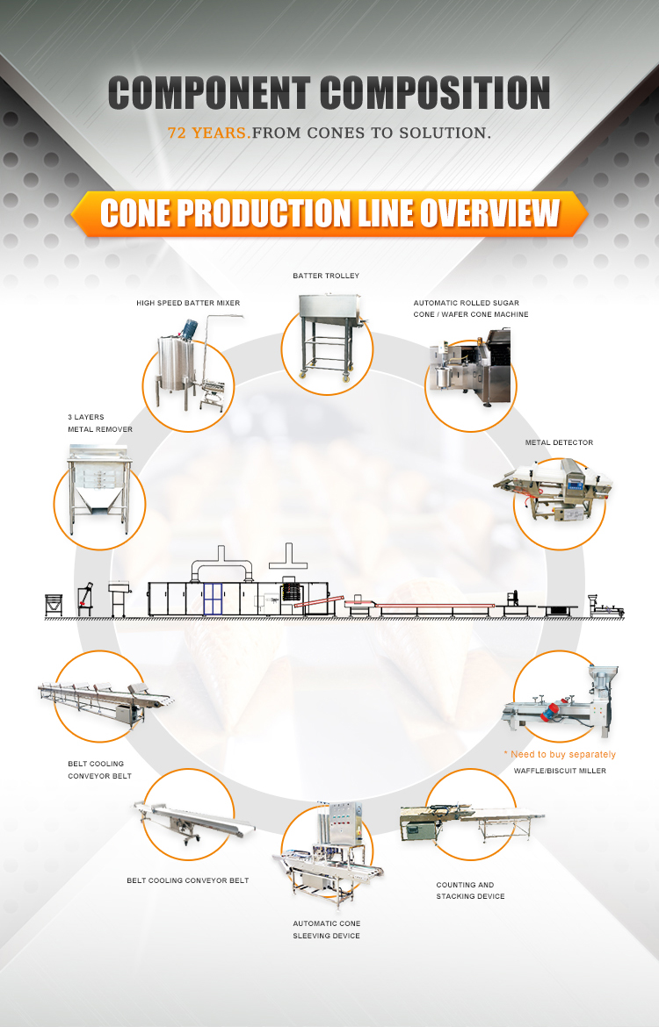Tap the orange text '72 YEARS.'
coord(208,133)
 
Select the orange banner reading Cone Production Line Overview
coord(329,213)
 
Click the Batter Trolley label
coord(326,276)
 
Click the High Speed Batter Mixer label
coord(188,303)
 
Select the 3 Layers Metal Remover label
coord(100,424)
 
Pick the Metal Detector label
coord(559,442)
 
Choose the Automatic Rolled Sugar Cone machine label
coord(471,309)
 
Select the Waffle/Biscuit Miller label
coord(560,771)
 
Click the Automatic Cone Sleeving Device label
coord(327,930)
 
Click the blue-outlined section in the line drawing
coord(214,599)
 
